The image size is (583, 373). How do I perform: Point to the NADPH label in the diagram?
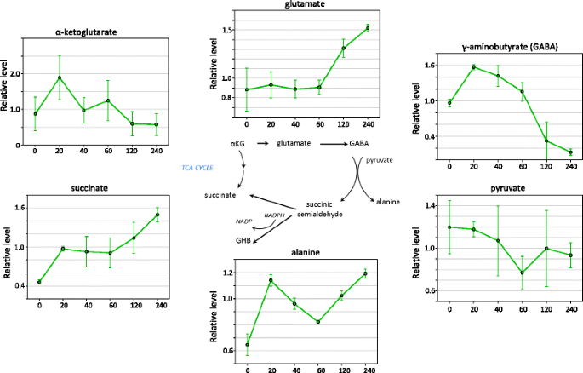click(274, 216)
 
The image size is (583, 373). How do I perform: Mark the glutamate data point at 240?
click(368, 28)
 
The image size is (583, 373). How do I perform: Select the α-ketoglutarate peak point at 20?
click(60, 78)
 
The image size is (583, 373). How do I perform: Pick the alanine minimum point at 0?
click(248, 345)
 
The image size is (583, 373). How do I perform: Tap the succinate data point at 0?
click(39, 282)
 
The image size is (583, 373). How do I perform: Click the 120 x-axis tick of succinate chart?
click(134, 304)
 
